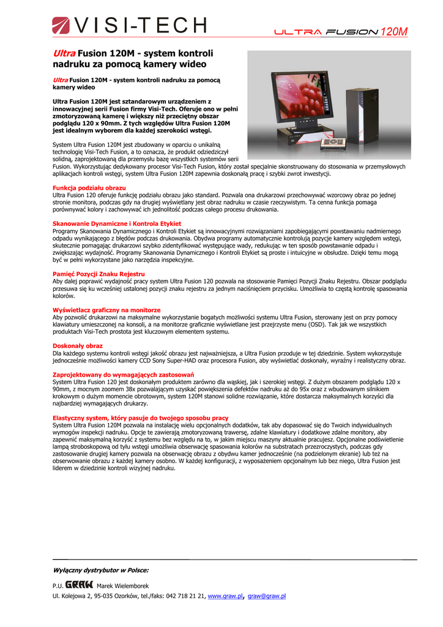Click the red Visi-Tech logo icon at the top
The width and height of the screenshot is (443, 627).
61,26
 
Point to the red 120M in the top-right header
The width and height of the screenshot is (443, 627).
393,32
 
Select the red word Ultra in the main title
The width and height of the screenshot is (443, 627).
64,53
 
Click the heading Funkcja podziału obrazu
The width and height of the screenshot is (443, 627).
89,188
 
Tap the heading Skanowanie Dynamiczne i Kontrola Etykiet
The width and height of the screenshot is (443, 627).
117,224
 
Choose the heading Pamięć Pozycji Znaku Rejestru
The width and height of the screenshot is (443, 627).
99,274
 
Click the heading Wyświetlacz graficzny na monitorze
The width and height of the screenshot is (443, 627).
106,310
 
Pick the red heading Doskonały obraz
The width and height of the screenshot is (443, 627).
78,346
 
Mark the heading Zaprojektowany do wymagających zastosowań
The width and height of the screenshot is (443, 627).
123,374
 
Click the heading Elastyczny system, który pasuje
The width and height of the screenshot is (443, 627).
140,418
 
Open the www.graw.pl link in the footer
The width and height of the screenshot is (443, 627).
226,596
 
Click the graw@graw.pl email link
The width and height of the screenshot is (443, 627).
267,596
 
